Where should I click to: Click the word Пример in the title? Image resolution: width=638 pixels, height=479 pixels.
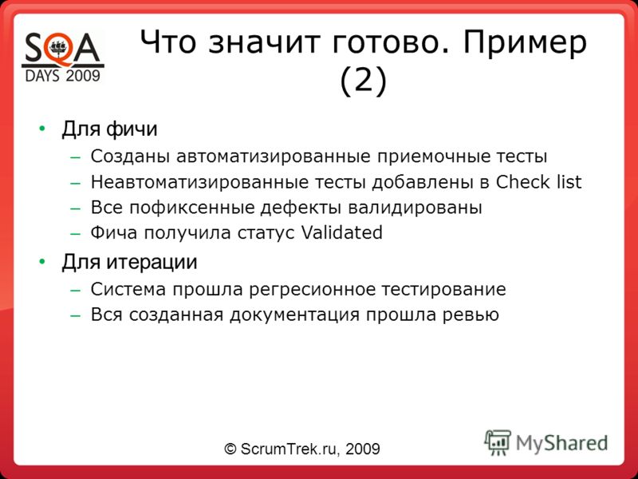pyautogui.click(x=525, y=43)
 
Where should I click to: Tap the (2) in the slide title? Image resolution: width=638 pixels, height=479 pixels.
pyautogui.click(x=363, y=81)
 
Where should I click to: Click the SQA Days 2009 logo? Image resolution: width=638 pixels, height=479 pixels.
pyautogui.click(x=63, y=57)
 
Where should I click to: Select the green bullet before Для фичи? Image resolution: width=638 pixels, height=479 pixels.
pyautogui.click(x=41, y=129)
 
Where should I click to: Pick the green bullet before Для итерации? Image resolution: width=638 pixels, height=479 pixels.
pyautogui.click(x=41, y=262)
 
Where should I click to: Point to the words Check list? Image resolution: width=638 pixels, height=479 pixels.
pyautogui.click(x=539, y=182)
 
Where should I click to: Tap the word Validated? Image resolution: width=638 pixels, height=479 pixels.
pyautogui.click(x=342, y=232)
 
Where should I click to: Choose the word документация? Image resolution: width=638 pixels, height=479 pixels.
pyautogui.click(x=294, y=315)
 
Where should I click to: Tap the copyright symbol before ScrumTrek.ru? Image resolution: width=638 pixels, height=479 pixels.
pyautogui.click(x=230, y=449)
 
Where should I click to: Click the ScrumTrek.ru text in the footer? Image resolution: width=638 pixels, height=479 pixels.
pyautogui.click(x=290, y=449)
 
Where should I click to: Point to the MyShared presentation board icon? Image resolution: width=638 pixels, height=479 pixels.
pyautogui.click(x=497, y=442)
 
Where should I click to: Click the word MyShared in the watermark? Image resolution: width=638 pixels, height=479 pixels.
pyautogui.click(x=562, y=443)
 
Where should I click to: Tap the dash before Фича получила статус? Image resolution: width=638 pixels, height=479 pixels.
pyautogui.click(x=76, y=233)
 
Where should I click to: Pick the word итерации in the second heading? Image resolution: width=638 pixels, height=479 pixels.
pyautogui.click(x=152, y=262)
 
